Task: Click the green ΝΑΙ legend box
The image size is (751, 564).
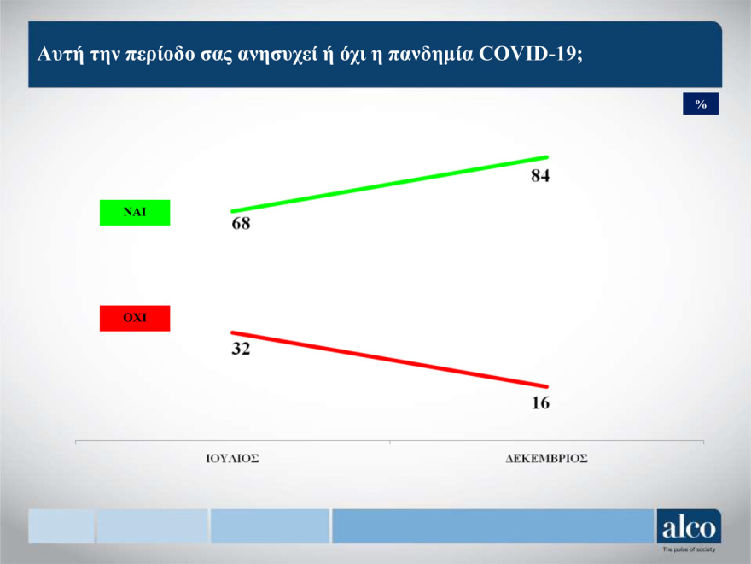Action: click(135, 212)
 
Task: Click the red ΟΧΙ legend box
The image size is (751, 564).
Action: click(135, 318)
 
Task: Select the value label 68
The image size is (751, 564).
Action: click(242, 225)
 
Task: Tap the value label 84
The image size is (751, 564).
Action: click(539, 177)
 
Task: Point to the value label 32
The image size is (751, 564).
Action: click(242, 348)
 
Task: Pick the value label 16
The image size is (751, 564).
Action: click(540, 402)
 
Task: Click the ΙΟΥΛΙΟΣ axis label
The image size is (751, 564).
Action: click(232, 458)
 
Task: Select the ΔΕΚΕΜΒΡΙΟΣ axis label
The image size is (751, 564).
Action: click(546, 458)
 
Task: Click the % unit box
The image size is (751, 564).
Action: click(701, 103)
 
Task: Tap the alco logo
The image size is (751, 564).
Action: click(689, 527)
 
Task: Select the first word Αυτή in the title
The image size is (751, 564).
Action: click(57, 53)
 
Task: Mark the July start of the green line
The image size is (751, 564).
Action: click(232, 210)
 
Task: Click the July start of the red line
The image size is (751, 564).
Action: click(232, 332)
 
